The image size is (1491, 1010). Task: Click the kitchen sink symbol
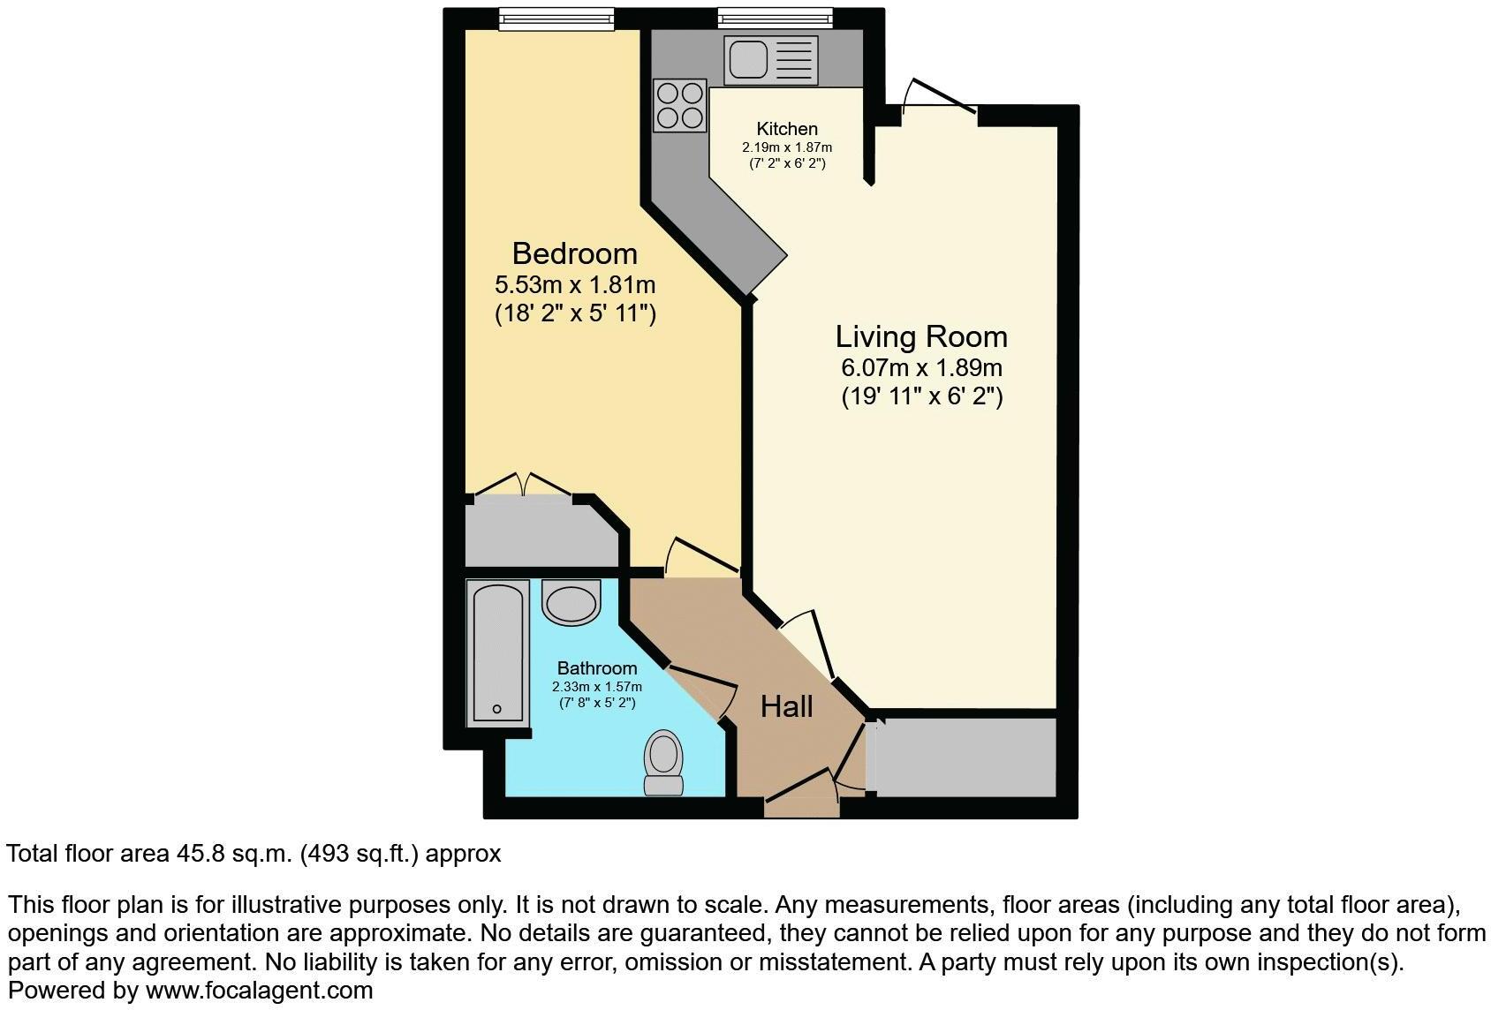[x=771, y=59]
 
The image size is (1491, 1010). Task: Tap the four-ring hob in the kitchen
[x=680, y=105]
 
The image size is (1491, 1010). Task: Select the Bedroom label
[x=574, y=254]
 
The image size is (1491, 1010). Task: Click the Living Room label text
[x=920, y=336]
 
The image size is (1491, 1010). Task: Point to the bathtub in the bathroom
[x=497, y=652]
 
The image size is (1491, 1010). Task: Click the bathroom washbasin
[x=571, y=603]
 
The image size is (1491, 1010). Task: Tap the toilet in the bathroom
[x=663, y=765]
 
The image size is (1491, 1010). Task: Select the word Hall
[x=786, y=706]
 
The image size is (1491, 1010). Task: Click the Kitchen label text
[x=787, y=129]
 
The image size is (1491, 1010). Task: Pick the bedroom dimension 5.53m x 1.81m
[x=574, y=285]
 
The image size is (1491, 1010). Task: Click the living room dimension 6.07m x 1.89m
[x=921, y=367]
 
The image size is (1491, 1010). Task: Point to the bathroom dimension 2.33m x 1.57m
[x=596, y=686]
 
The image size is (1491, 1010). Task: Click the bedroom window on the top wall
[x=556, y=17]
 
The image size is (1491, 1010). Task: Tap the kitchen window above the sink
[x=775, y=17]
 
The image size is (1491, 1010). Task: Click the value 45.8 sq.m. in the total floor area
[x=231, y=854]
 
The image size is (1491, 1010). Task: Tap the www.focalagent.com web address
[x=259, y=991]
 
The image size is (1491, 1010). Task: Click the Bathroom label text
[x=596, y=669]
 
